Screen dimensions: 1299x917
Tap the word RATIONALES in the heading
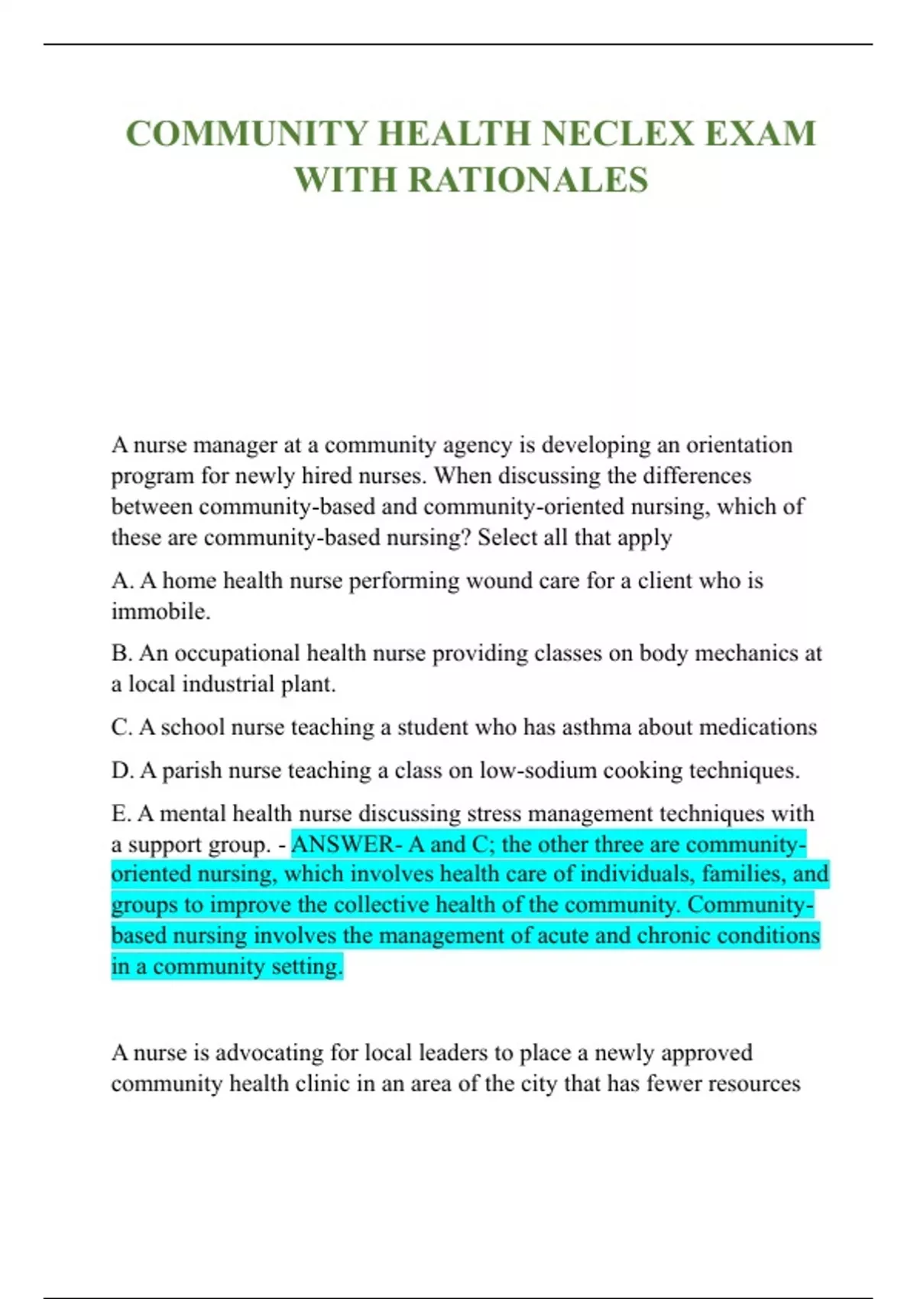(x=528, y=180)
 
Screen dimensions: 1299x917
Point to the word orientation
(x=739, y=445)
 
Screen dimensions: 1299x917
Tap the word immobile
(x=160, y=612)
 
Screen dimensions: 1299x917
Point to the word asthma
(x=597, y=727)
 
